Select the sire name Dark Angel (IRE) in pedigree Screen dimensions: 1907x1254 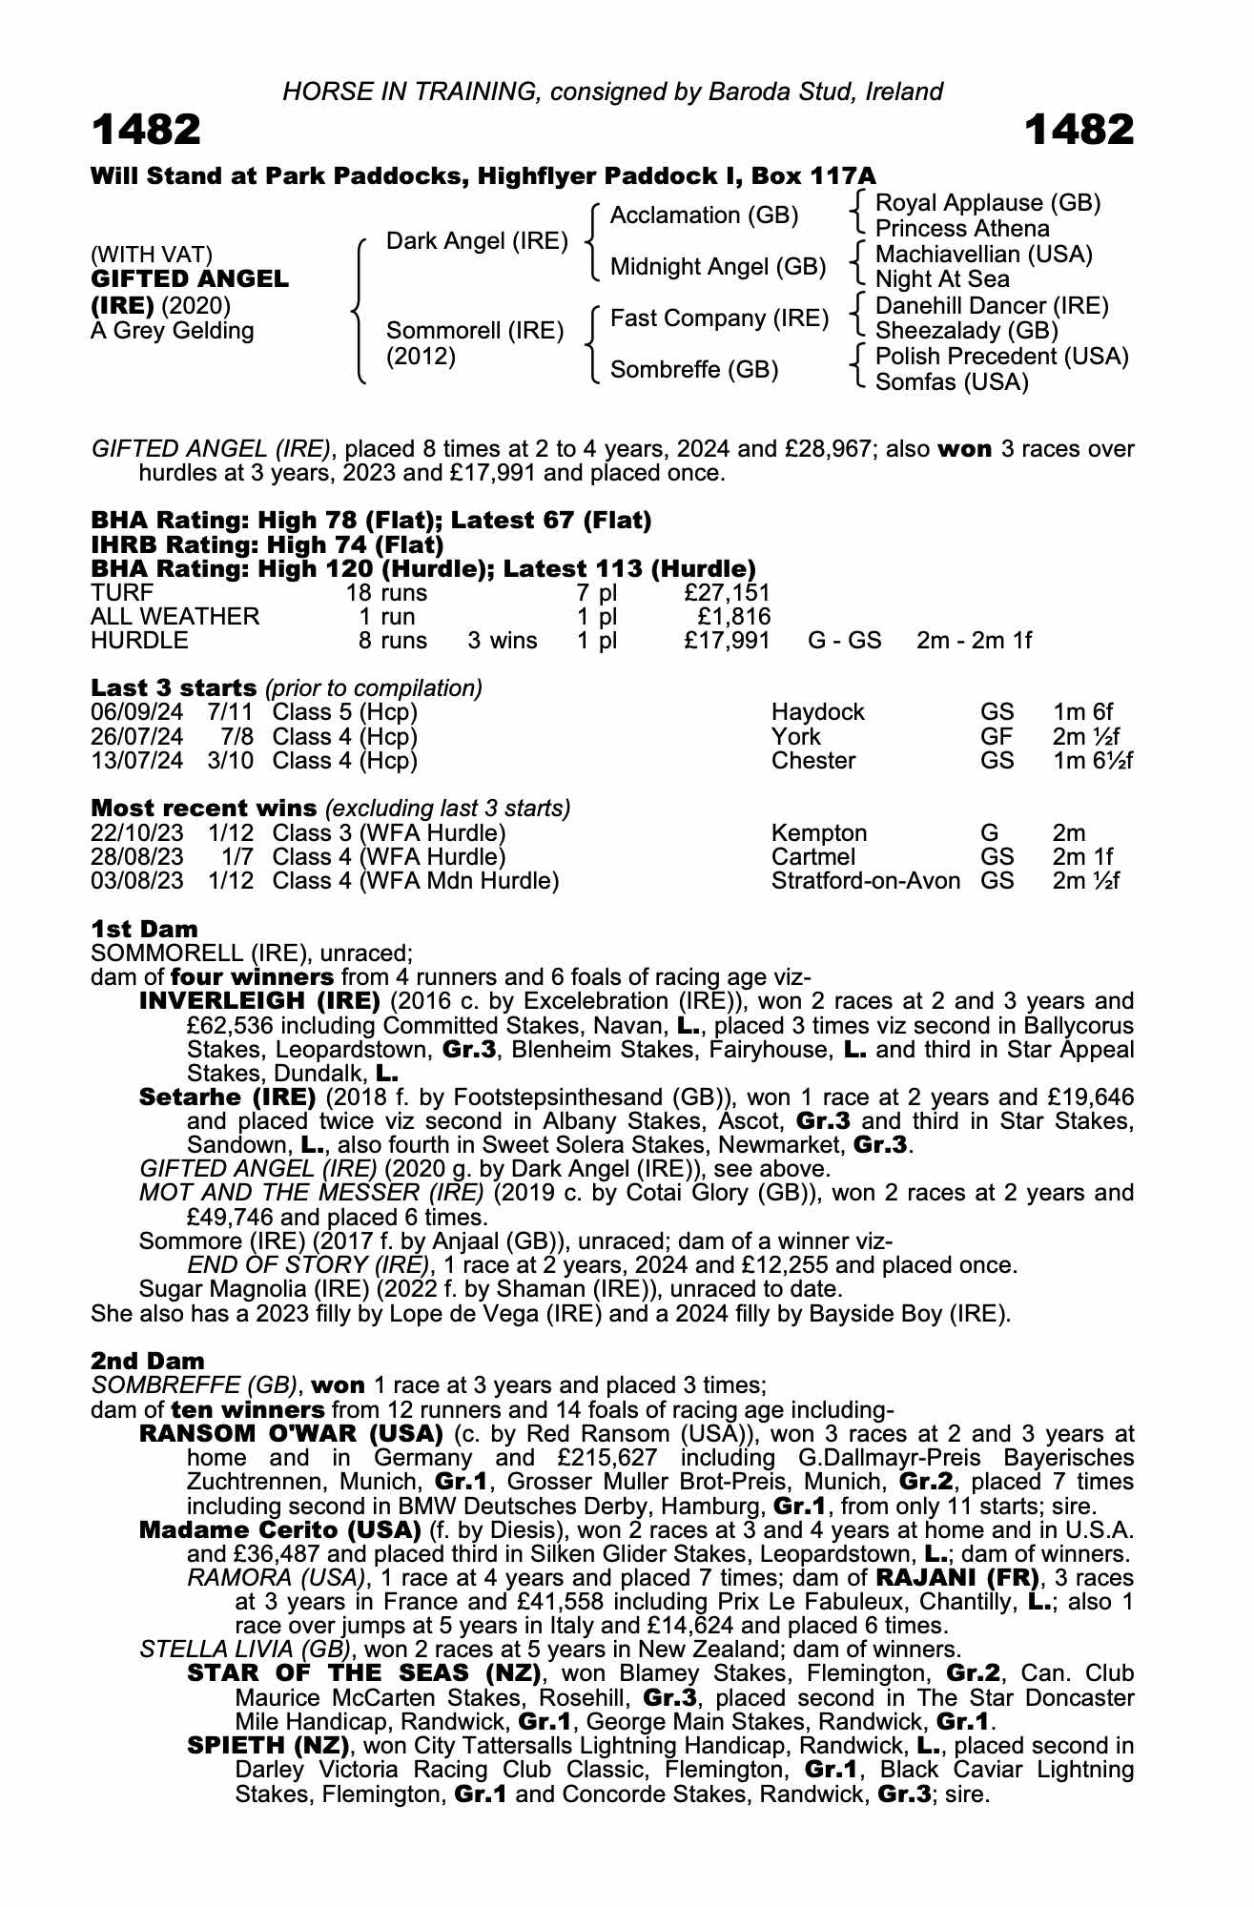tap(477, 241)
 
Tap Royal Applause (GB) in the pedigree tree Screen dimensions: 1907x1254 tap(988, 203)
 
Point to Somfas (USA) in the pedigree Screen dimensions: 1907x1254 tap(952, 382)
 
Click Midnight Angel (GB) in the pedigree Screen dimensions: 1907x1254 tap(718, 267)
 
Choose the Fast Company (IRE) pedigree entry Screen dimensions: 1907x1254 tap(719, 318)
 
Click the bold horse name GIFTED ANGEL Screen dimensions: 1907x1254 tap(189, 279)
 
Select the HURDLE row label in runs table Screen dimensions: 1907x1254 tap(139, 641)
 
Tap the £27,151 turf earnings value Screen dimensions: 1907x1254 tap(727, 593)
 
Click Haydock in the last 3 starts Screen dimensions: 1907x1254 tap(818, 712)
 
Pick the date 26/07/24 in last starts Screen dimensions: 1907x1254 tap(137, 737)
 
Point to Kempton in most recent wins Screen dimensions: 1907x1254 tap(819, 833)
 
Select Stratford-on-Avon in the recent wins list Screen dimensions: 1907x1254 tap(865, 881)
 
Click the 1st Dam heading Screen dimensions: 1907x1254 tap(144, 929)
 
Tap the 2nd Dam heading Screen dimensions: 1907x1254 tap(147, 1361)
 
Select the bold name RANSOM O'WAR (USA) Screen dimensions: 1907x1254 tap(291, 1434)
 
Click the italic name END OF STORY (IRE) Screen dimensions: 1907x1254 tap(307, 1265)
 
